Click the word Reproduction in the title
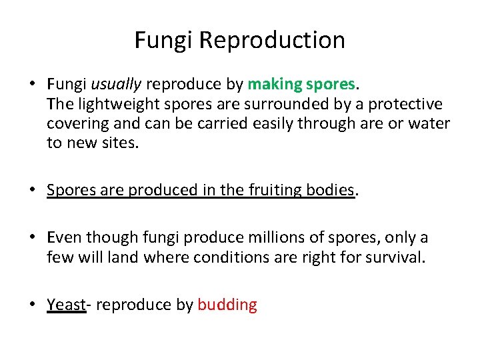coord(272,41)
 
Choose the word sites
coord(120,143)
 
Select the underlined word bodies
coord(330,190)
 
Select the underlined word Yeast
coord(67,305)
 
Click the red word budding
coord(227,305)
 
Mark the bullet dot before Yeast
coord(32,305)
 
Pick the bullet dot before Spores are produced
coord(32,191)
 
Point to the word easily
coord(268,124)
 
